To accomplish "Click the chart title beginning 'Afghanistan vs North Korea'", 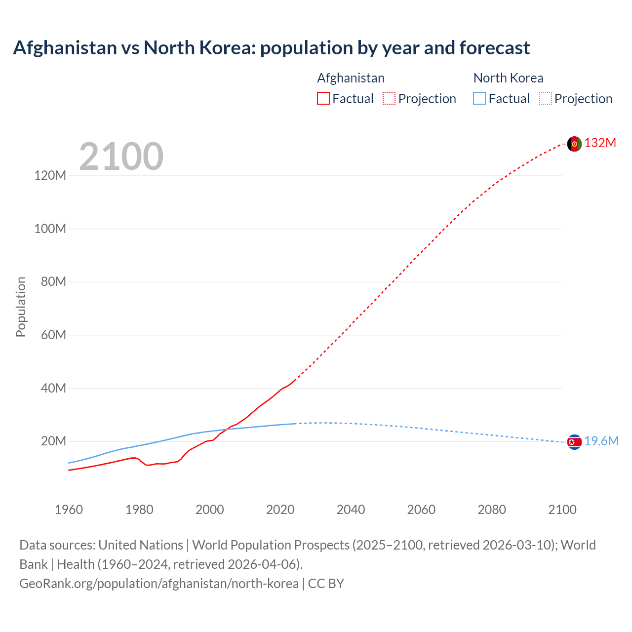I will (x=271, y=48).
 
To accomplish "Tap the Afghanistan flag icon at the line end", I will (x=574, y=144).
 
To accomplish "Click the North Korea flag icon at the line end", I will (x=574, y=442).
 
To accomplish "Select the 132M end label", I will (x=600, y=143).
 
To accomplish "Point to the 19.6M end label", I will (x=601, y=441).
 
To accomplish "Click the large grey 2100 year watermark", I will (x=121, y=157).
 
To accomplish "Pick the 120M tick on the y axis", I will (x=50, y=176).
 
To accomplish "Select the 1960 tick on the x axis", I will (x=69, y=510).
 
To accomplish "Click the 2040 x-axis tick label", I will (x=351, y=510).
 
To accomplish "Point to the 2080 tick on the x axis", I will (x=492, y=510).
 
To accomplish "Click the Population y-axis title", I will (x=21, y=307).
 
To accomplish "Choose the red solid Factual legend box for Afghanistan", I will (x=323, y=99).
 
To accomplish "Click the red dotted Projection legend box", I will (x=389, y=99).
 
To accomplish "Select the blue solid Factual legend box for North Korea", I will (x=479, y=99).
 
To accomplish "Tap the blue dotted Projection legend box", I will (x=546, y=99).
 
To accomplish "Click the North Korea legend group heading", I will (x=508, y=78).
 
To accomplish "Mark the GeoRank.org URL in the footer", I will (x=159, y=584).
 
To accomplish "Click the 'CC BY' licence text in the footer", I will (x=326, y=584).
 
